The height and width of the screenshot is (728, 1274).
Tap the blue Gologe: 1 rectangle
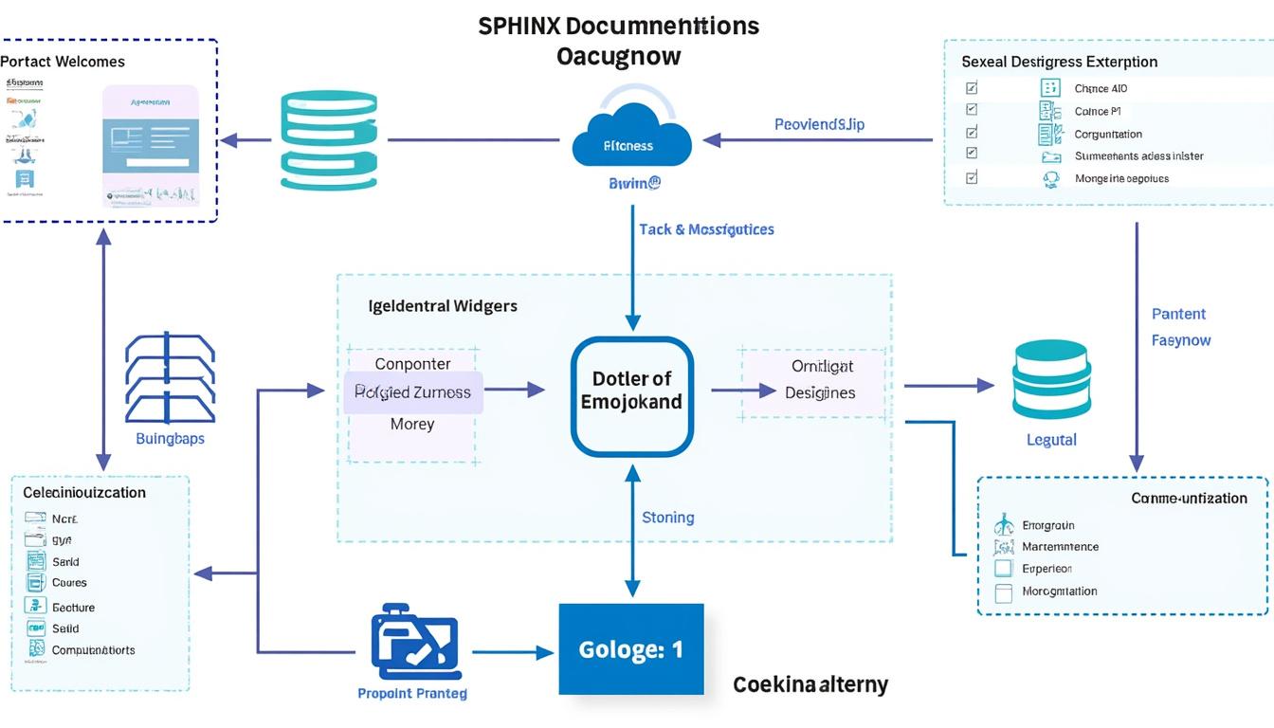pos(631,649)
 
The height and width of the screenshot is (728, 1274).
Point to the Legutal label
pos(1051,440)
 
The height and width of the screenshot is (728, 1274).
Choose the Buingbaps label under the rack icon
pos(170,439)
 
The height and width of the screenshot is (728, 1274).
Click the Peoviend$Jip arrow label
pos(819,124)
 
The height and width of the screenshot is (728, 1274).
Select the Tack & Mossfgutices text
pos(706,229)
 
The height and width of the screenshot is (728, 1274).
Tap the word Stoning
pos(667,518)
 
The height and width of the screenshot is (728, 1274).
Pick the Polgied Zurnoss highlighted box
pos(413,392)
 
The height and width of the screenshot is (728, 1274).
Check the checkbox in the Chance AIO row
pos(971,88)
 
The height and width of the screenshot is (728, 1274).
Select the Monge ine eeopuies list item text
pos(1121,178)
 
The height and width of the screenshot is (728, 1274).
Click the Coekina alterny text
pos(810,684)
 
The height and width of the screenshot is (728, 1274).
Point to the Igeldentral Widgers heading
pos(443,306)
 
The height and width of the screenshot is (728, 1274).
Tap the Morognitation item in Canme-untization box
pos(1059,591)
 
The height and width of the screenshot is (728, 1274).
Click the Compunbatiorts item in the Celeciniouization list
pos(93,650)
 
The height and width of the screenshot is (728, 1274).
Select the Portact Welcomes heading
pos(63,62)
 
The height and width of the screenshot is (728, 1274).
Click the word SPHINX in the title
pos(519,26)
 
